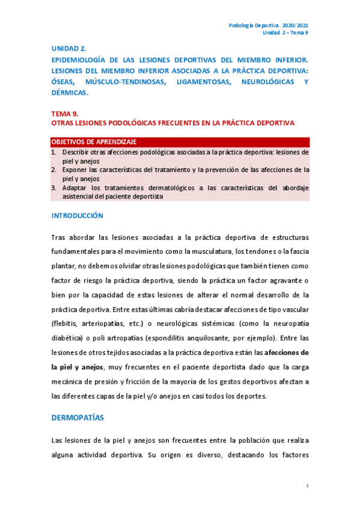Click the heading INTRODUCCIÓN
pos(77,215)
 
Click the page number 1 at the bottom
pos(307,485)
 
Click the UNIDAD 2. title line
pos(69,48)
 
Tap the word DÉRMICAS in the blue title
pos(70,93)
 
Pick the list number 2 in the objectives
pos(53,170)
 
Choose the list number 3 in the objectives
pos(53,188)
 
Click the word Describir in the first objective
pos(76,152)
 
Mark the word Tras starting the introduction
pos(58,238)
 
